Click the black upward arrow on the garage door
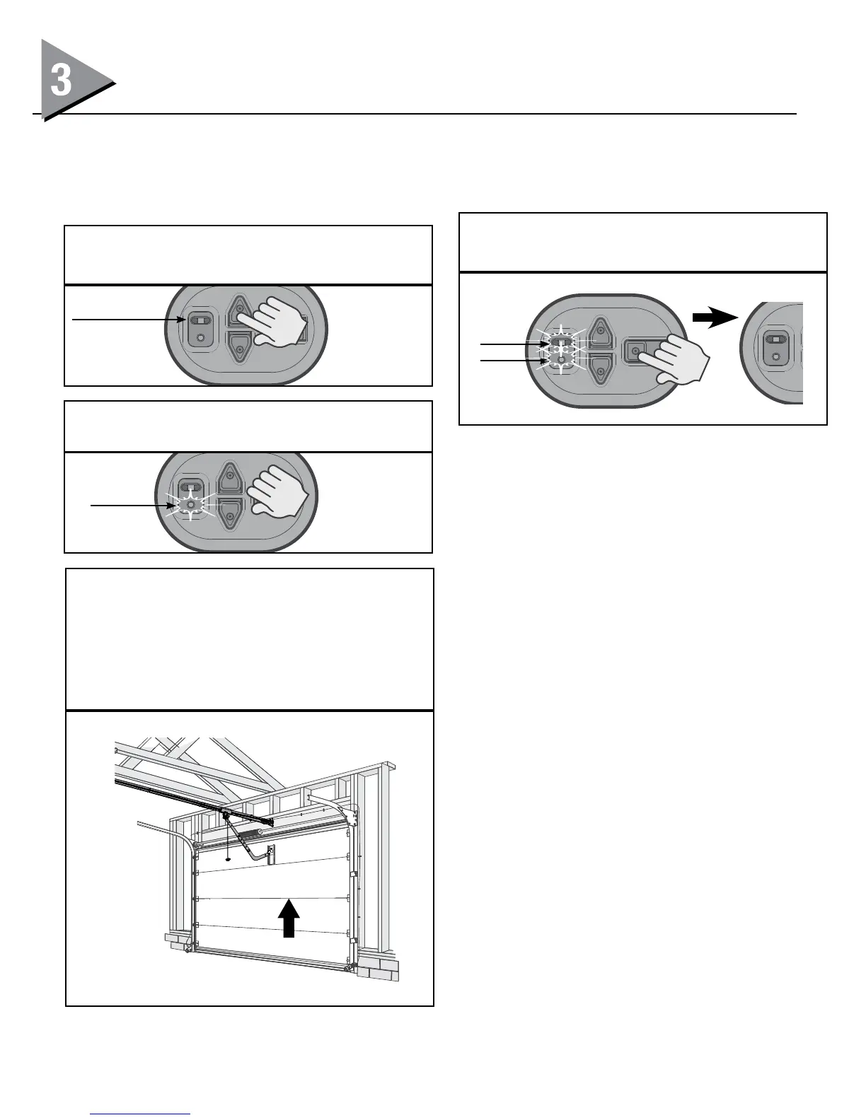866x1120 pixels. pyautogui.click(x=288, y=917)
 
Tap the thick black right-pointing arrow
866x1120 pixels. pyautogui.click(x=715, y=319)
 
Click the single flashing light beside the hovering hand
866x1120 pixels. pyautogui.click(x=190, y=505)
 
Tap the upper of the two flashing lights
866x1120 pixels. pyautogui.click(x=561, y=344)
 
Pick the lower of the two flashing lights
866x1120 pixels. pyautogui.click(x=561, y=361)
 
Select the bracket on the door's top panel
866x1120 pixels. pyautogui.click(x=270, y=854)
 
